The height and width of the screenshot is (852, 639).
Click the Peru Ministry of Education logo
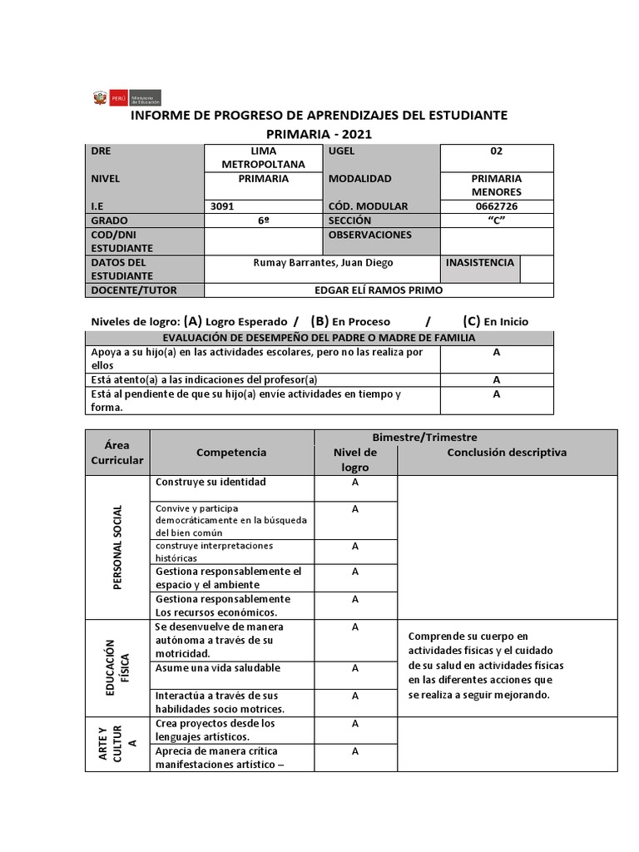point(126,98)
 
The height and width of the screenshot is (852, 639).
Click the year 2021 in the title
point(352,134)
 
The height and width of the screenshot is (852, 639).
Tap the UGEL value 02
point(496,151)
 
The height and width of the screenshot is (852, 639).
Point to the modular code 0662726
point(496,206)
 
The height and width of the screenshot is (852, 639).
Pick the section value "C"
point(496,220)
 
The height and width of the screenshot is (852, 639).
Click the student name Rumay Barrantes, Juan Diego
point(322,263)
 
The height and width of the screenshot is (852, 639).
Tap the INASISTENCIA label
point(479,263)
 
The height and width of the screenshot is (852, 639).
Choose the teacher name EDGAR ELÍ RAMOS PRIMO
point(379,290)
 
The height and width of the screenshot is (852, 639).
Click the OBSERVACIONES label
point(369,235)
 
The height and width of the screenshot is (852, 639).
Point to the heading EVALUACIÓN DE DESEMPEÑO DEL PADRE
point(319,337)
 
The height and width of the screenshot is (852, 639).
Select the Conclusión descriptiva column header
point(507,453)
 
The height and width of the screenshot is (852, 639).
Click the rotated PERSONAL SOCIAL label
point(117,547)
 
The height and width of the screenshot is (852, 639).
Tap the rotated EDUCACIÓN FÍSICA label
point(117,667)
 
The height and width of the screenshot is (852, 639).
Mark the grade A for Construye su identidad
point(355,483)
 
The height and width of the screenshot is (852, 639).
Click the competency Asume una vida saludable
point(217,668)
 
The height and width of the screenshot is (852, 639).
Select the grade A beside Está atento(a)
point(496,379)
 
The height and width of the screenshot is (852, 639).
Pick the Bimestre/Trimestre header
point(465,437)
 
